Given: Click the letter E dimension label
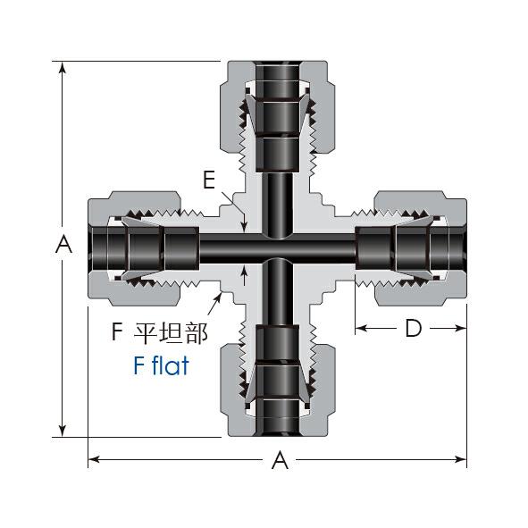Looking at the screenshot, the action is [x=209, y=180].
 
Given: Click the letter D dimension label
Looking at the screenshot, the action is [x=414, y=328].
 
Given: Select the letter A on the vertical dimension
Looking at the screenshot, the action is [x=63, y=245].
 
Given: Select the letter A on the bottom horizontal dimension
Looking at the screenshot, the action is [x=280, y=461].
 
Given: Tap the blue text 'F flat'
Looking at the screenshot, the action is [x=161, y=365].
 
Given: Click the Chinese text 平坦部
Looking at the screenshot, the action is [x=171, y=332].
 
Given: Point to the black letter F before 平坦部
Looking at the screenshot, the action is [x=116, y=331].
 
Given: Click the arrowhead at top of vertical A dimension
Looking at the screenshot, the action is [x=62, y=67].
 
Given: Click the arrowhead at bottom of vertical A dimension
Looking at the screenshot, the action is [x=62, y=431].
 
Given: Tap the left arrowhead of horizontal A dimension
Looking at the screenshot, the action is [x=94, y=459].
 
